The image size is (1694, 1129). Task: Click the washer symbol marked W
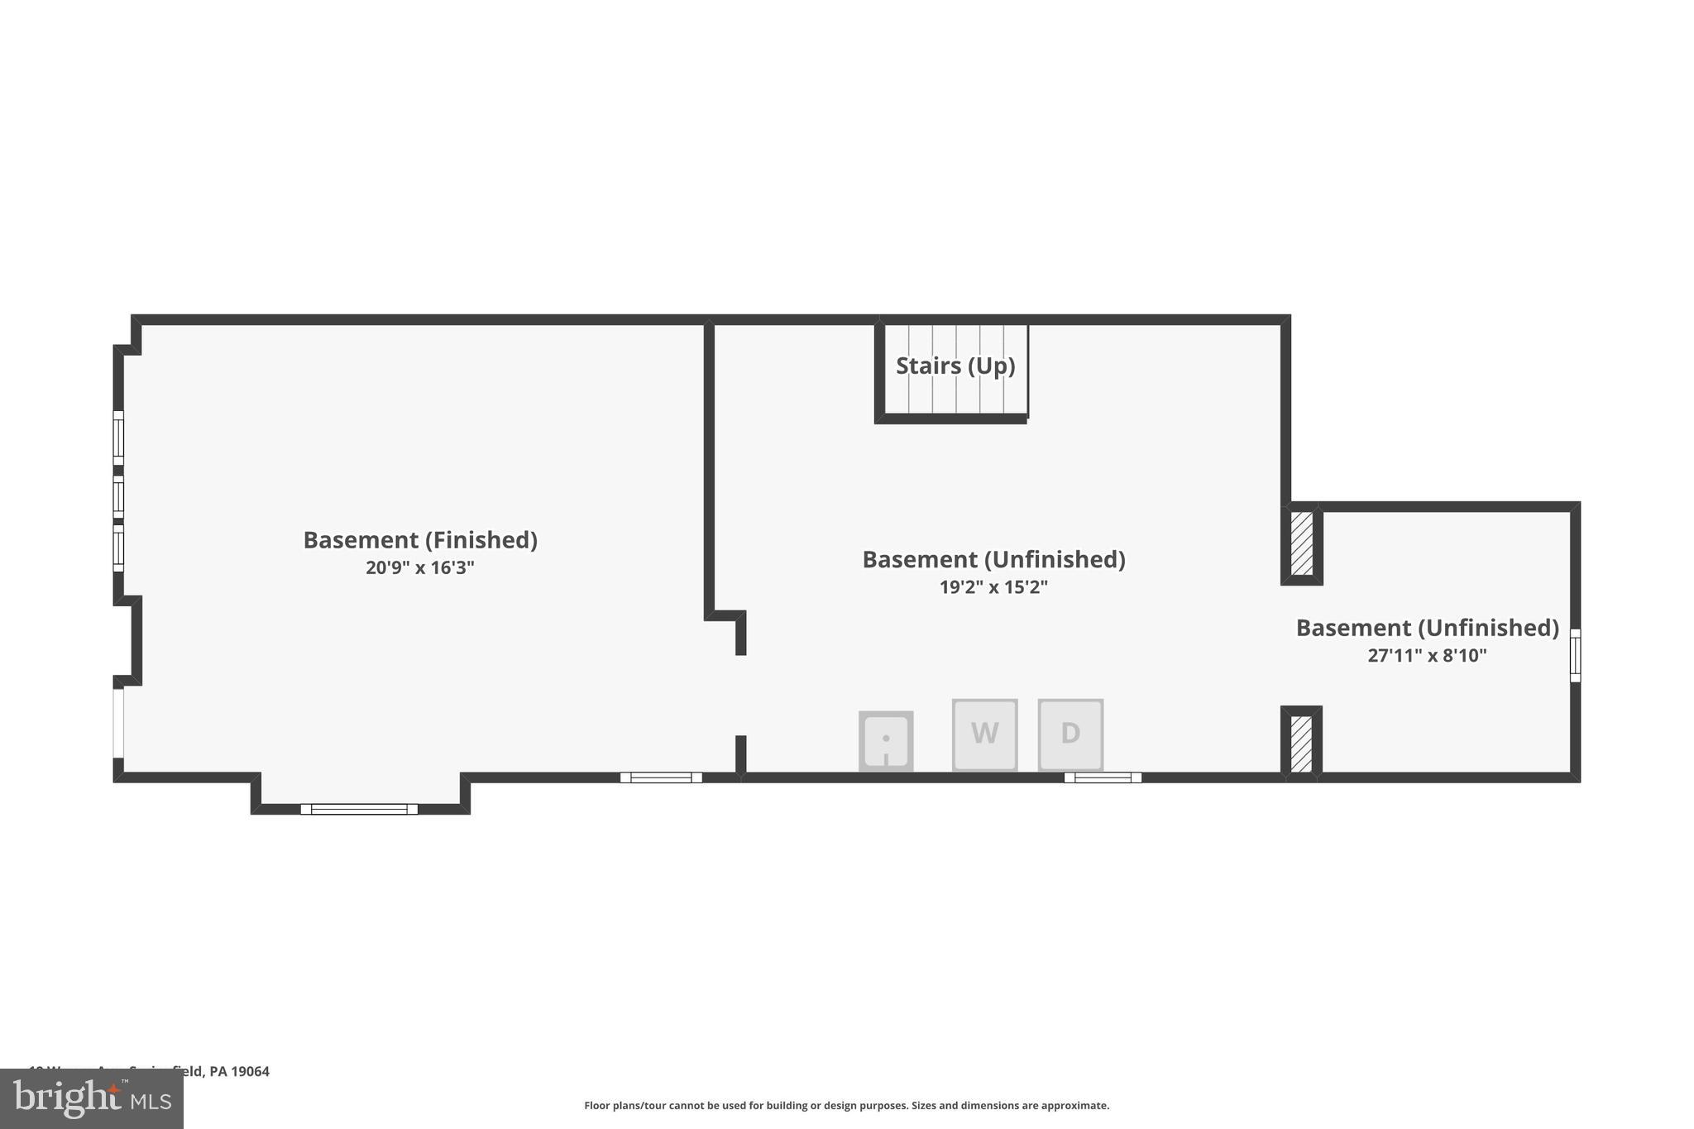pyautogui.click(x=984, y=734)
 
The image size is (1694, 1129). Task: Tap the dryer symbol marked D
pyautogui.click(x=1070, y=734)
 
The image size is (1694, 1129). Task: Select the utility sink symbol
pyautogui.click(x=886, y=740)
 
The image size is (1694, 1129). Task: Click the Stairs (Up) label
pyautogui.click(x=955, y=366)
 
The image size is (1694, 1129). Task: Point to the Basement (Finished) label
pyautogui.click(x=420, y=540)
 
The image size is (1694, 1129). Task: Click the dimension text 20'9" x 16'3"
pyautogui.click(x=420, y=568)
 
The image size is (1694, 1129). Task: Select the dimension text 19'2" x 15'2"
pyautogui.click(x=993, y=587)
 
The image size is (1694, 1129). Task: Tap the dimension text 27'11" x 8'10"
pyautogui.click(x=1427, y=656)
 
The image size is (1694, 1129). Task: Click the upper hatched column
pyautogui.click(x=1301, y=543)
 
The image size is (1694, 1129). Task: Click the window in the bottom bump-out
pyautogui.click(x=359, y=809)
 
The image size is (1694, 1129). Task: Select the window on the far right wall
pyautogui.click(x=1575, y=655)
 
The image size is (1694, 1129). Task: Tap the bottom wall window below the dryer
pyautogui.click(x=1103, y=777)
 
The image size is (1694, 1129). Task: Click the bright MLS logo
pyautogui.click(x=91, y=1098)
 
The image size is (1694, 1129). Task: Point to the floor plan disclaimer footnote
pyautogui.click(x=846, y=1106)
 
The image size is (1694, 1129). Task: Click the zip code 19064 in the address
pyautogui.click(x=250, y=1071)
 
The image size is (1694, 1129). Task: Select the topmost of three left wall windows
pyautogui.click(x=118, y=438)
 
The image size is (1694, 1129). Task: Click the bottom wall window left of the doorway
pyautogui.click(x=661, y=777)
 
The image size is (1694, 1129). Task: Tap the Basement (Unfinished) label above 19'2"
pyautogui.click(x=993, y=560)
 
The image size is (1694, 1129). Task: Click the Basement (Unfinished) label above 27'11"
pyautogui.click(x=1427, y=628)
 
